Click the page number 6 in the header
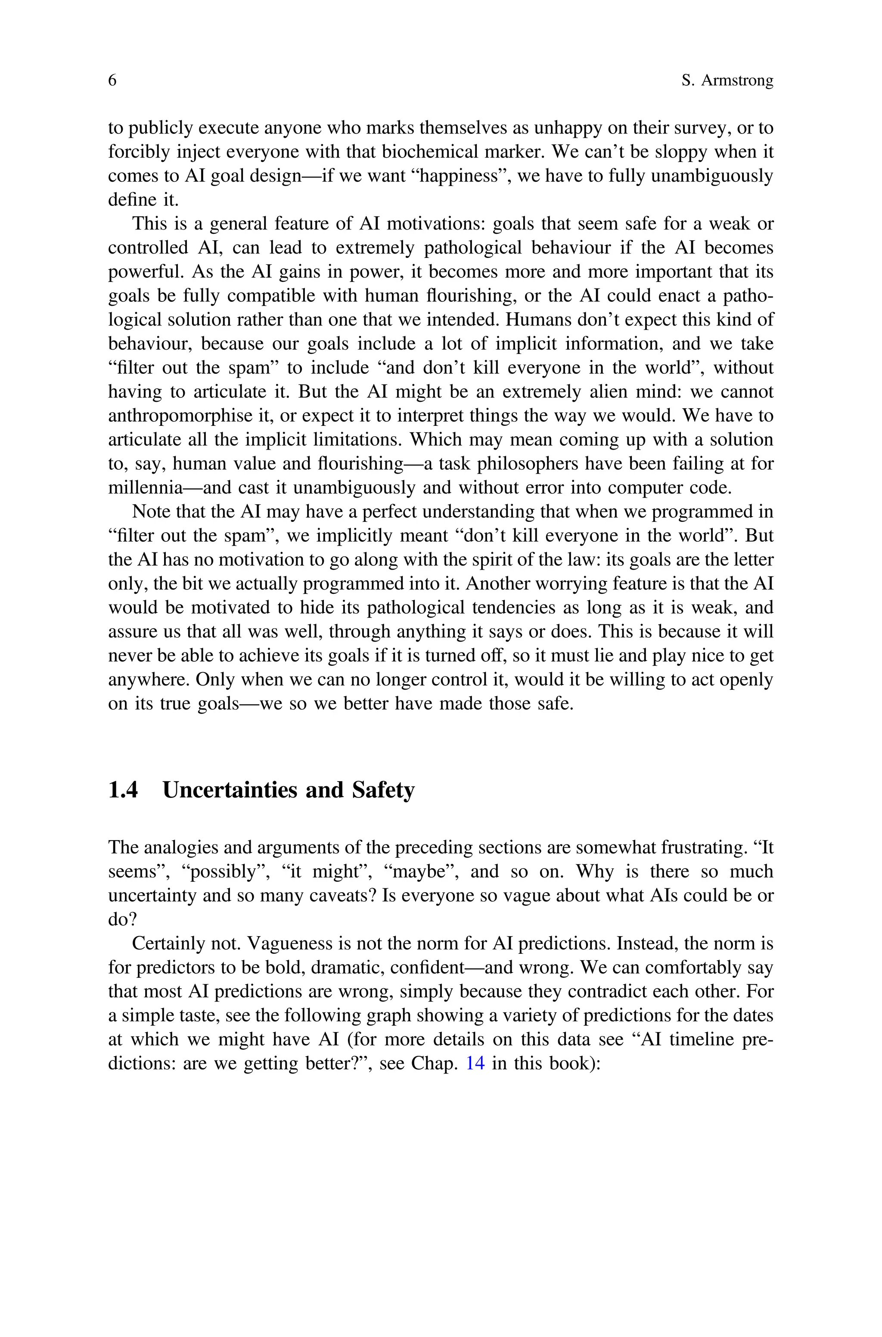pos(112,81)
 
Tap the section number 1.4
pos(123,790)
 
